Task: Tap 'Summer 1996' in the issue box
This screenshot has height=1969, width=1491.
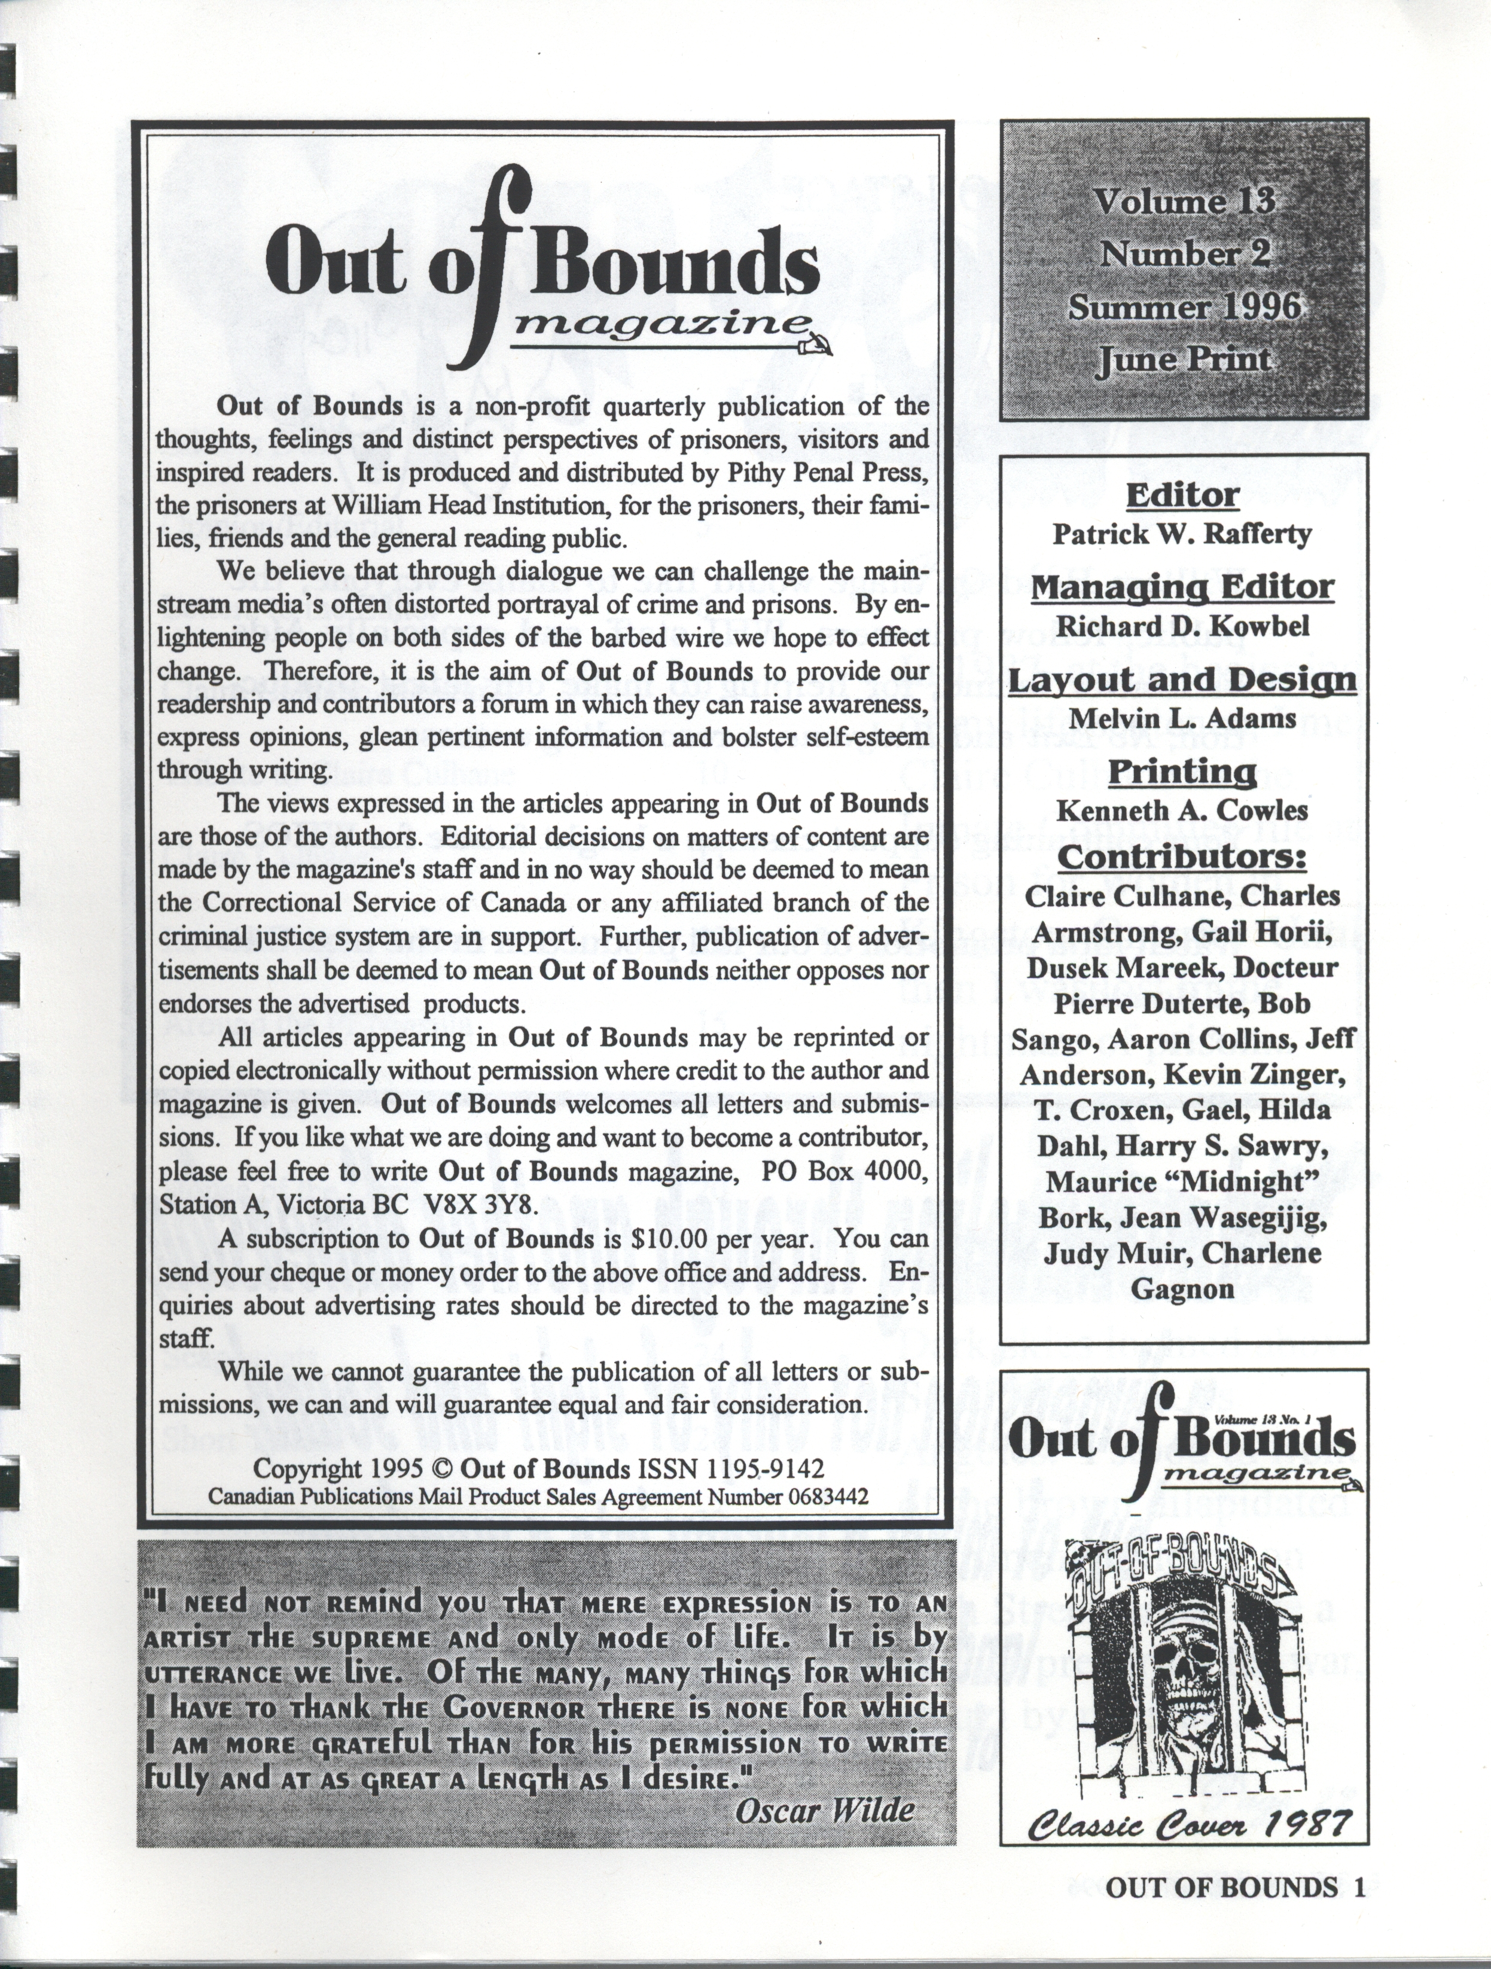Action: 1184,307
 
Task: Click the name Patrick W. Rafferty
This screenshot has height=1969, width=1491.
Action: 1182,534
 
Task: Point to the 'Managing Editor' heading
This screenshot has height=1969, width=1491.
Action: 1182,587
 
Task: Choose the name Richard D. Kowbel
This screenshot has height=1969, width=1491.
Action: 1182,626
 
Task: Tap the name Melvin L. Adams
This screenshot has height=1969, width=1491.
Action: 1182,718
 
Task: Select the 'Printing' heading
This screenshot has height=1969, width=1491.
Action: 1182,771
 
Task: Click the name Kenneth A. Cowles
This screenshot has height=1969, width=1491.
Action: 1182,810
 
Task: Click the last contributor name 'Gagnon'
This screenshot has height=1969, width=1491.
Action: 1182,1289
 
